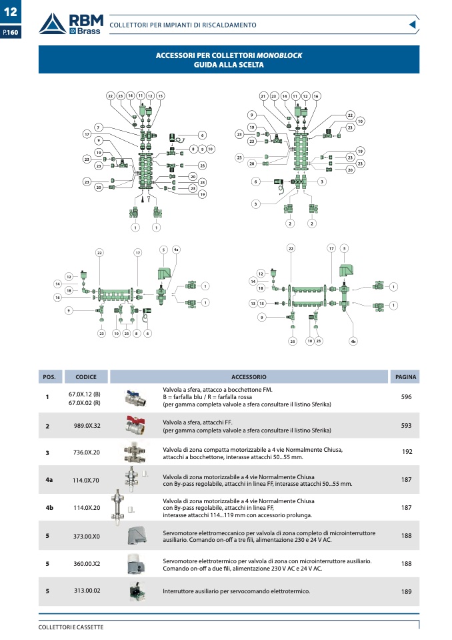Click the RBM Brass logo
click(x=69, y=25)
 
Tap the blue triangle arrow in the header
click(x=413, y=25)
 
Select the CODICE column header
click(x=86, y=377)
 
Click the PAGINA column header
click(x=406, y=377)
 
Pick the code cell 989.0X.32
click(x=87, y=425)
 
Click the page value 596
click(x=406, y=397)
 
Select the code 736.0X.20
click(x=87, y=452)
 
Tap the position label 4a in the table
click(x=49, y=480)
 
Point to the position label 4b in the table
click(x=49, y=508)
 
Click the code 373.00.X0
click(x=87, y=536)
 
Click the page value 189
click(x=406, y=591)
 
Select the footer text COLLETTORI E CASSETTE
click(x=71, y=627)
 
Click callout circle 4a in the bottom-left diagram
click(x=176, y=250)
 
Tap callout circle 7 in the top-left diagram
click(x=98, y=127)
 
